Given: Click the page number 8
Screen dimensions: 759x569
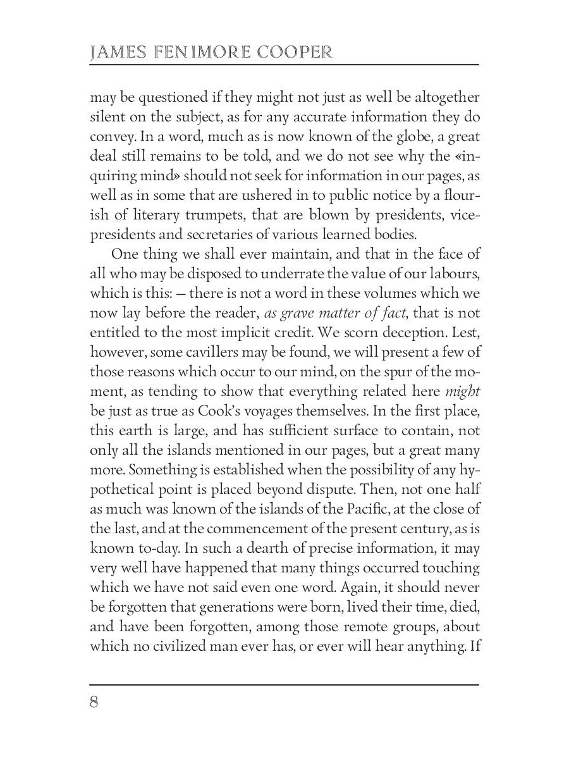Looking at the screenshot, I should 95,703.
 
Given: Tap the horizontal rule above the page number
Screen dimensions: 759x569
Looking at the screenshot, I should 284,684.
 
